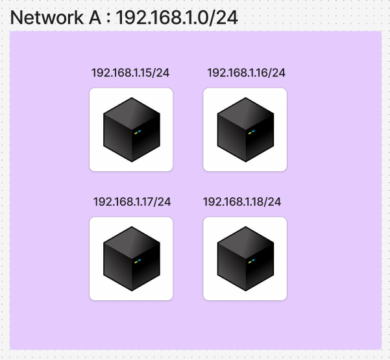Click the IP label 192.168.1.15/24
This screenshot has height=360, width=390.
click(130, 73)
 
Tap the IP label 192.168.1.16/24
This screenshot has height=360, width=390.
click(246, 73)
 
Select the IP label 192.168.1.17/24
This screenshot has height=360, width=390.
click(132, 202)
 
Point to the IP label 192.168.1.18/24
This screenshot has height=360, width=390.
click(242, 202)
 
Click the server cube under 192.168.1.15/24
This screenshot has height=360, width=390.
click(131, 130)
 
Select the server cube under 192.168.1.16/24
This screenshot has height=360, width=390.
click(245, 130)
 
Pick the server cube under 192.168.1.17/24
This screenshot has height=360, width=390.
click(131, 259)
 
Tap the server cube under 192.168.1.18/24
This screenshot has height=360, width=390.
click(245, 259)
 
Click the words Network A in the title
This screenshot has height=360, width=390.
click(56, 18)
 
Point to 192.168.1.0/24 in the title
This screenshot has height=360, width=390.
click(177, 18)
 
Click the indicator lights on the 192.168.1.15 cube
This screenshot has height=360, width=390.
click(137, 132)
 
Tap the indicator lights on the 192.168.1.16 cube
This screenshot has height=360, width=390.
click(251, 132)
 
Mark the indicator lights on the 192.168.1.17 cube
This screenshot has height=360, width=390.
click(137, 261)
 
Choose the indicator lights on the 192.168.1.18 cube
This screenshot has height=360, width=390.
click(251, 261)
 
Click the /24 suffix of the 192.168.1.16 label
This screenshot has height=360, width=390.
click(277, 73)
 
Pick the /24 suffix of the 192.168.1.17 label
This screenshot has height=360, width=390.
click(163, 202)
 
